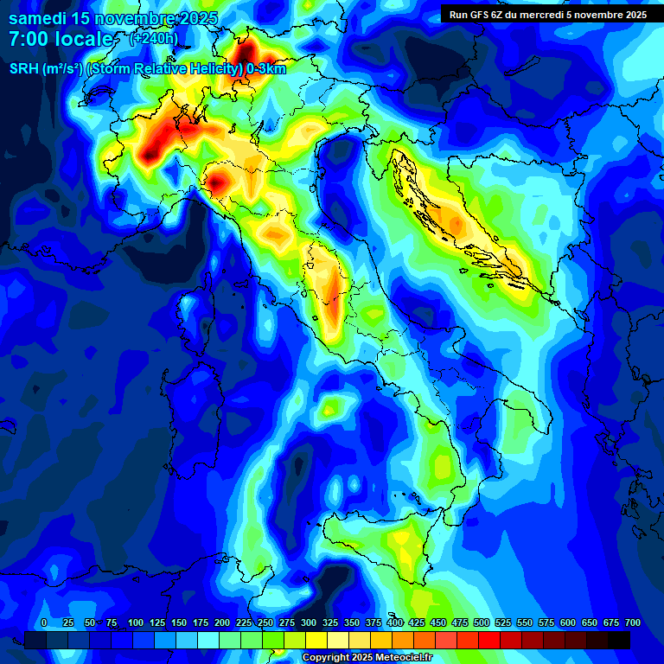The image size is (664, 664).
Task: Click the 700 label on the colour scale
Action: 632,622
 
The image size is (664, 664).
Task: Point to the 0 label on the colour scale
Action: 44,622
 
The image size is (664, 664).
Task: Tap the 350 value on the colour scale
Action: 352,622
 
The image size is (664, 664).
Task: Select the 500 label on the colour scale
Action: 482,622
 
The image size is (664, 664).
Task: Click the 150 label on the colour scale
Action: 179,622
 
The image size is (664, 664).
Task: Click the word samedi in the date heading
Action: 38,18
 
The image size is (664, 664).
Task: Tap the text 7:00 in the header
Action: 30,40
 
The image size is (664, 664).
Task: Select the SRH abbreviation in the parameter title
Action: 23,69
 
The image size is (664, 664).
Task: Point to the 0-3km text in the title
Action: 266,69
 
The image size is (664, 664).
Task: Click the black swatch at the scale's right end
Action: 619,640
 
